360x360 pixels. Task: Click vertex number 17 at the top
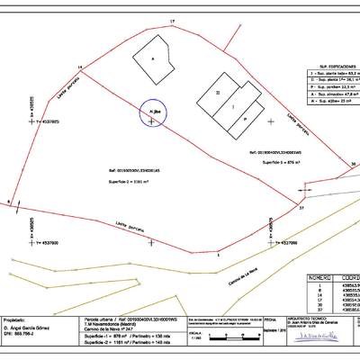coord(173,19)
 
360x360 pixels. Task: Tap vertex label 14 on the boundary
coord(79,67)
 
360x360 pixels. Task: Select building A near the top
coord(152,58)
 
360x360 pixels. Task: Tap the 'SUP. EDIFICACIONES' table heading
coord(326,67)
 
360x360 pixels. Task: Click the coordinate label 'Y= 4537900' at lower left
coord(41,243)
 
